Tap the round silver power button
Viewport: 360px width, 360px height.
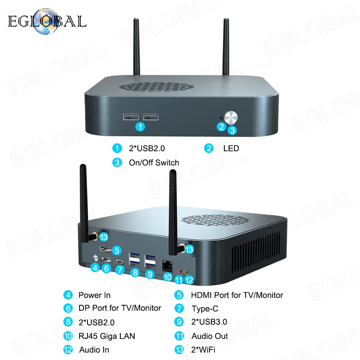pyautogui.click(x=230, y=118)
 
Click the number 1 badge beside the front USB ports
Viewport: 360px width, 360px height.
pyautogui.click(x=140, y=127)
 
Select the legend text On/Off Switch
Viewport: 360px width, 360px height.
pyautogui.click(x=154, y=163)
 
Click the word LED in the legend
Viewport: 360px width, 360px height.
pyautogui.click(x=231, y=148)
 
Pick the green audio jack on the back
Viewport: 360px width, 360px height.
pyautogui.click(x=186, y=273)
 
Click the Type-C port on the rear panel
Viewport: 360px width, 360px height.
pyautogui.click(x=119, y=262)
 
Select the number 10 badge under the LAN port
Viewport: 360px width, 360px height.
pyautogui.click(x=168, y=278)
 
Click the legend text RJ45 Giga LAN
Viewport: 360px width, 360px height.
pyautogui.click(x=107, y=336)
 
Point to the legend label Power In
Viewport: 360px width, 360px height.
pyautogui.click(x=94, y=295)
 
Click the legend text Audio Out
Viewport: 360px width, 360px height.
pyautogui.click(x=210, y=336)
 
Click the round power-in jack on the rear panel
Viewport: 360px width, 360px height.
pyautogui.click(x=96, y=258)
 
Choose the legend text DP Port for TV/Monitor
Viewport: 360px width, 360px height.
pyautogui.click(x=120, y=308)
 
